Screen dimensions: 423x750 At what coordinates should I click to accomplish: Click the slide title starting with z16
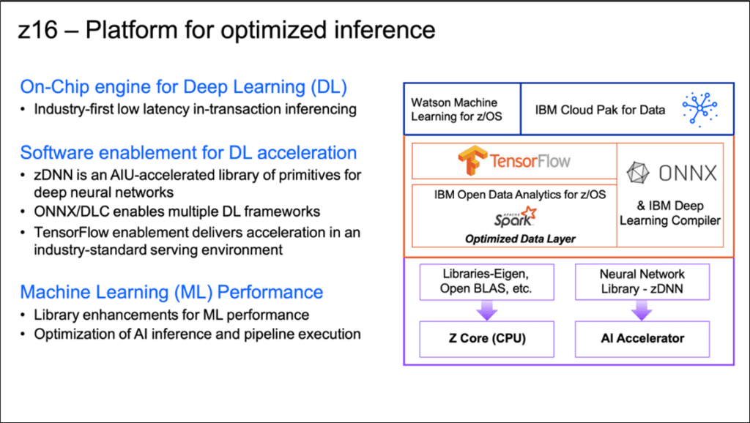[227, 30]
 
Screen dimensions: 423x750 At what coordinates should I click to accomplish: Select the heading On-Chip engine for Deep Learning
[183, 87]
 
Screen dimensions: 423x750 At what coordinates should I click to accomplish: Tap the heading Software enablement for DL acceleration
[188, 152]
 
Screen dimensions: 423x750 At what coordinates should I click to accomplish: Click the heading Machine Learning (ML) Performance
[171, 292]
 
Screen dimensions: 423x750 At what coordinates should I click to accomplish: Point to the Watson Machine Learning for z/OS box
[461, 110]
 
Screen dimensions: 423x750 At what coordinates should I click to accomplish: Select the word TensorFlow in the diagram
[527, 160]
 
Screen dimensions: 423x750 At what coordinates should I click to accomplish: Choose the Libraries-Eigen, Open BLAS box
[486, 281]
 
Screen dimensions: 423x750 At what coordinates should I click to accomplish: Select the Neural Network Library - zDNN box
[642, 281]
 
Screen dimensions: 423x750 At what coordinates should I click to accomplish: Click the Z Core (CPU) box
[486, 337]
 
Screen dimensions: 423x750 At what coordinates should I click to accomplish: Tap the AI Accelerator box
[642, 337]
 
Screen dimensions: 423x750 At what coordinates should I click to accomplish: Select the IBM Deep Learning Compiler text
[669, 213]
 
